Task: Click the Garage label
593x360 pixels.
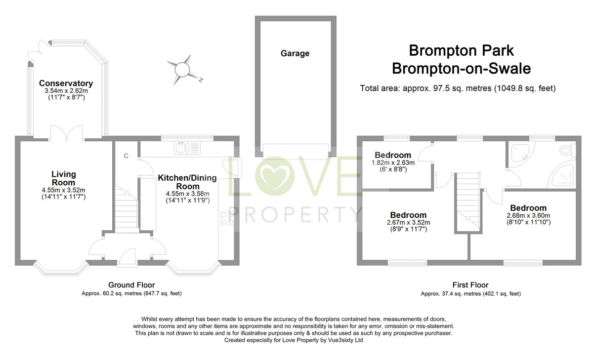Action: pos(295,53)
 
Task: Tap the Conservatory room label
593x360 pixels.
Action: pos(66,83)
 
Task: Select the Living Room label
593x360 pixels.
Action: pos(64,178)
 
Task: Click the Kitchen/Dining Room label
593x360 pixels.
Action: pos(185,182)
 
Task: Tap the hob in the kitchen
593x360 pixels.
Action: pos(228,218)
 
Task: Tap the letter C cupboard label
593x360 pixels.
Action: pos(126,156)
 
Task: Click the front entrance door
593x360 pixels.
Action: pos(127,257)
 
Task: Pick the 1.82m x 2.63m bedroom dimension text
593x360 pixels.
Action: pos(393,162)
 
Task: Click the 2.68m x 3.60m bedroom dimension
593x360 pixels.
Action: pos(528,215)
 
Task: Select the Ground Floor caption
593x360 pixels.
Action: pos(131,285)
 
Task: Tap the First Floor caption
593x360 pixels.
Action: pos(470,285)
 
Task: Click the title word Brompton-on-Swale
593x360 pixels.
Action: pos(461,69)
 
